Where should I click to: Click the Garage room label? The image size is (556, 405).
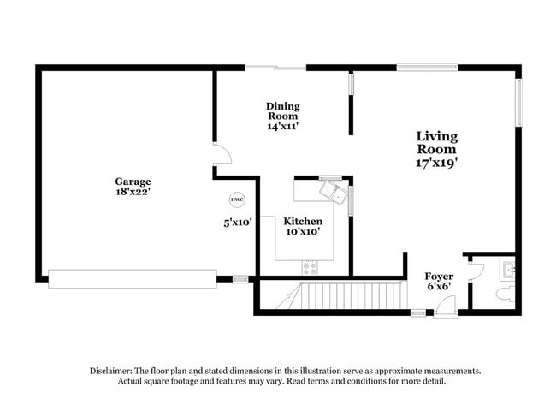tap(133, 182)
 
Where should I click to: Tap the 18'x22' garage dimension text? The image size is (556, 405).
tap(133, 194)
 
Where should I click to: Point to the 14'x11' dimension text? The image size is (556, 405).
tap(282, 126)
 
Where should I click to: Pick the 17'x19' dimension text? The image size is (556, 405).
tap(436, 161)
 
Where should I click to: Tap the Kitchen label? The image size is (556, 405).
tap(303, 221)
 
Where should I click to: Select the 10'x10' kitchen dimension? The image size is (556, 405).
tap(303, 231)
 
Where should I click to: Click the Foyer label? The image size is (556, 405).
tap(439, 276)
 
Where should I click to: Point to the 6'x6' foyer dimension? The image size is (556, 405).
tap(439, 286)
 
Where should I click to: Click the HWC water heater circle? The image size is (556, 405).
tap(236, 200)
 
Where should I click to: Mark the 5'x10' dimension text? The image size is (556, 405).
tap(236, 223)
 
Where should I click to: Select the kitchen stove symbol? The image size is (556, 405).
tap(309, 267)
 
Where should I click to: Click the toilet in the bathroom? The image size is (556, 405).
tap(504, 294)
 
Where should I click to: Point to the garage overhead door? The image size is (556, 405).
tap(133, 278)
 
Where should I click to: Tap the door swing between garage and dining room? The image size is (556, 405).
tap(222, 154)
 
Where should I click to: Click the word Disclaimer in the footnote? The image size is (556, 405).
tap(113, 371)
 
